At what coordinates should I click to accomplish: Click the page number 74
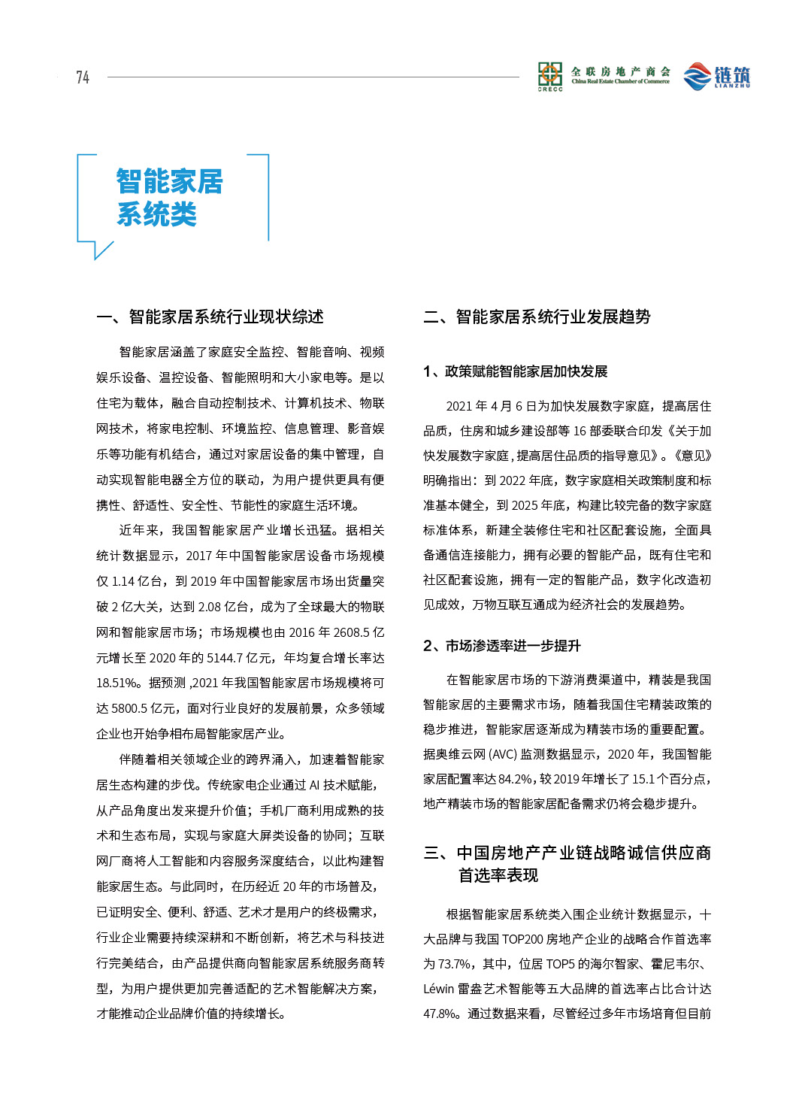point(83,77)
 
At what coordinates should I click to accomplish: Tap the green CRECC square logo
point(550,75)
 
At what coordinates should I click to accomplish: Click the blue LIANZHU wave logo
point(697,76)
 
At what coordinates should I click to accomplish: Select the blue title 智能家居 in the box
point(170,181)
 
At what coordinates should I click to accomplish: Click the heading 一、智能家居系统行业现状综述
point(210,317)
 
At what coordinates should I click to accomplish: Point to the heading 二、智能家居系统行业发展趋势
point(537,317)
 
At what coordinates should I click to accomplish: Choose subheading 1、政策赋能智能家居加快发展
point(515,371)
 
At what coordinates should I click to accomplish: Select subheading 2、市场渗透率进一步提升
point(501,646)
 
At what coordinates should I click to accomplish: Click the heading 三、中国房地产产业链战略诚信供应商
point(567,853)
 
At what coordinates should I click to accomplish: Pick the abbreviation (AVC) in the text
point(502,754)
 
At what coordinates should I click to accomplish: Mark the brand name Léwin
point(438,989)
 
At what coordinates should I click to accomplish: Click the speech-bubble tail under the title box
point(101,250)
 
